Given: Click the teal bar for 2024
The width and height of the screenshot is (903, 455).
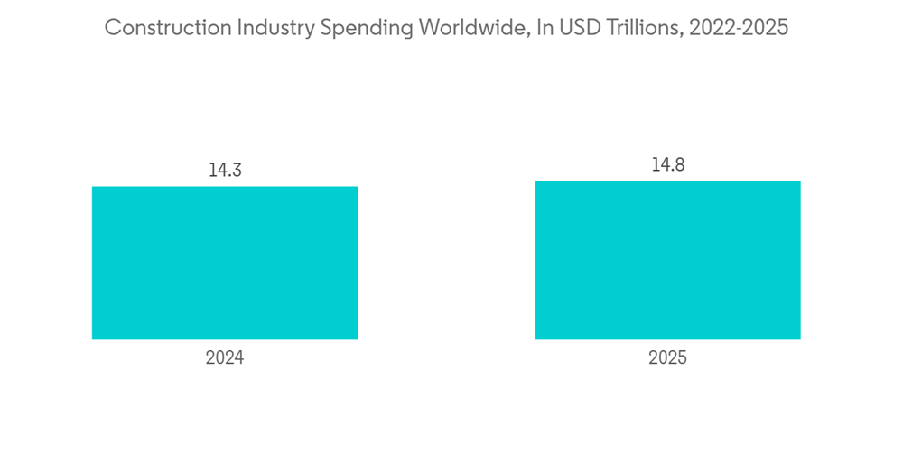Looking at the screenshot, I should (225, 263).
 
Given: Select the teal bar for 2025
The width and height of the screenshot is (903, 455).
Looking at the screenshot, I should (667, 260).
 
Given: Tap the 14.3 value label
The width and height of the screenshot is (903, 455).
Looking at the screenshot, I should (225, 170).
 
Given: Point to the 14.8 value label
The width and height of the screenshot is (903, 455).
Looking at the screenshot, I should (667, 164).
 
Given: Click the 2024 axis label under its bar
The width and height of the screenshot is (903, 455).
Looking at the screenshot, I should (225, 358).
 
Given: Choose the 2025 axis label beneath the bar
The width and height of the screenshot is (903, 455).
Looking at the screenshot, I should (667, 358).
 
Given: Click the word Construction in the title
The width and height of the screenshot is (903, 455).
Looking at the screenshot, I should (167, 28).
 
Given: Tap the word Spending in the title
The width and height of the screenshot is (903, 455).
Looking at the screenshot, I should (363, 28).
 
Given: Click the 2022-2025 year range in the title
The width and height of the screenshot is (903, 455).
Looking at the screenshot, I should (738, 28).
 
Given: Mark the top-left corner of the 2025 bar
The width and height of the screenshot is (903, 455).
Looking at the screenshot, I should (535, 181).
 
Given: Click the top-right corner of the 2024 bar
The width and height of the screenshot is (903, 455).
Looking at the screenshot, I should (358, 187).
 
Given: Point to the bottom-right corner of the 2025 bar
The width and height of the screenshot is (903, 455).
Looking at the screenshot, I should (800, 339).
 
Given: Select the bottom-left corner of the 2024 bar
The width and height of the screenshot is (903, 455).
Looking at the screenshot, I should (92, 339).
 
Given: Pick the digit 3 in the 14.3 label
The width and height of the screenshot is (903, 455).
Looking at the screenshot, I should (237, 170).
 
